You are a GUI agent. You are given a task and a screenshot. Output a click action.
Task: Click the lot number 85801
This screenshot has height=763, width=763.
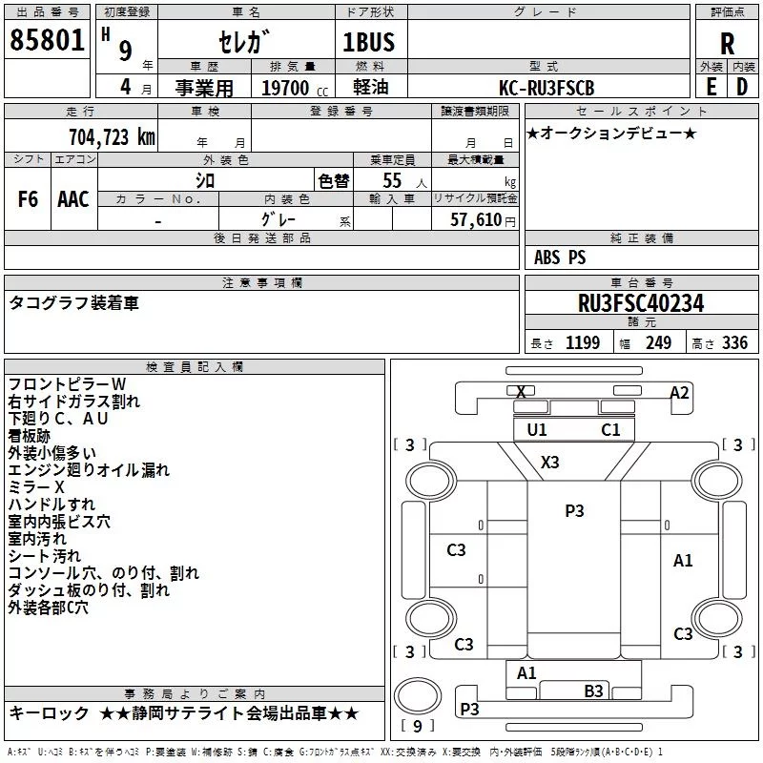[x=47, y=40]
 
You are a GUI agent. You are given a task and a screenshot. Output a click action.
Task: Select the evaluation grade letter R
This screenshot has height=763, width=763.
[x=727, y=44]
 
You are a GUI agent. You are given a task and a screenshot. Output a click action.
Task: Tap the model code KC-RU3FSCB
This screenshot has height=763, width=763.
[x=546, y=88]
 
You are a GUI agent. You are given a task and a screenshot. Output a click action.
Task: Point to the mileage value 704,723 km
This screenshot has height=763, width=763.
[x=112, y=136]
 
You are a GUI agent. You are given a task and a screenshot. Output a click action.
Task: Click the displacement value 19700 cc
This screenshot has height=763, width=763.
[x=295, y=88]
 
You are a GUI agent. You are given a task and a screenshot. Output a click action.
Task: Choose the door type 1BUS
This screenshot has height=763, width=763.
[x=368, y=42]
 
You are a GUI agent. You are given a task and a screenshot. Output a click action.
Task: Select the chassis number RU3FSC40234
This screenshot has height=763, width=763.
[x=641, y=303]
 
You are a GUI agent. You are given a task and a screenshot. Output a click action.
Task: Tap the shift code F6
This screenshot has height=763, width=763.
[x=28, y=199]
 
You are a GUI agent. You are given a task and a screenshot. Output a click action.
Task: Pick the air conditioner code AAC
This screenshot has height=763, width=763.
[x=73, y=199]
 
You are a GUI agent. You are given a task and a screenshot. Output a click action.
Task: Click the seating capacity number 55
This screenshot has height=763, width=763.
[x=392, y=180]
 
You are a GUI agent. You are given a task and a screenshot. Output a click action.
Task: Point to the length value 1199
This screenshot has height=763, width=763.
[x=583, y=342]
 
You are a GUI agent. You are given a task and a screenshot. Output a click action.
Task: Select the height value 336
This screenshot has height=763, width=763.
[x=734, y=342]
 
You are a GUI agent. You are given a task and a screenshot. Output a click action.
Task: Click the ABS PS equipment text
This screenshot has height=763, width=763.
[x=560, y=258]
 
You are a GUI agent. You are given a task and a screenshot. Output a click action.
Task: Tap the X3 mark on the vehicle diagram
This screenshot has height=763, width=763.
[x=550, y=462]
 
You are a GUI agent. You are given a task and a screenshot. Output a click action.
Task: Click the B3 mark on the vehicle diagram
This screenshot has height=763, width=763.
[x=593, y=691]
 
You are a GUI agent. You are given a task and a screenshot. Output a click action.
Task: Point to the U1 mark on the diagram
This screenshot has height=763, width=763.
[x=537, y=430]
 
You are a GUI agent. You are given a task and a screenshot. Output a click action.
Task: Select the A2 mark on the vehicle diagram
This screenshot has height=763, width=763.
[x=679, y=393]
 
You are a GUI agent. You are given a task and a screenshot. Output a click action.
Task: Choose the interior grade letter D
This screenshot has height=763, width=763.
[x=742, y=87]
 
